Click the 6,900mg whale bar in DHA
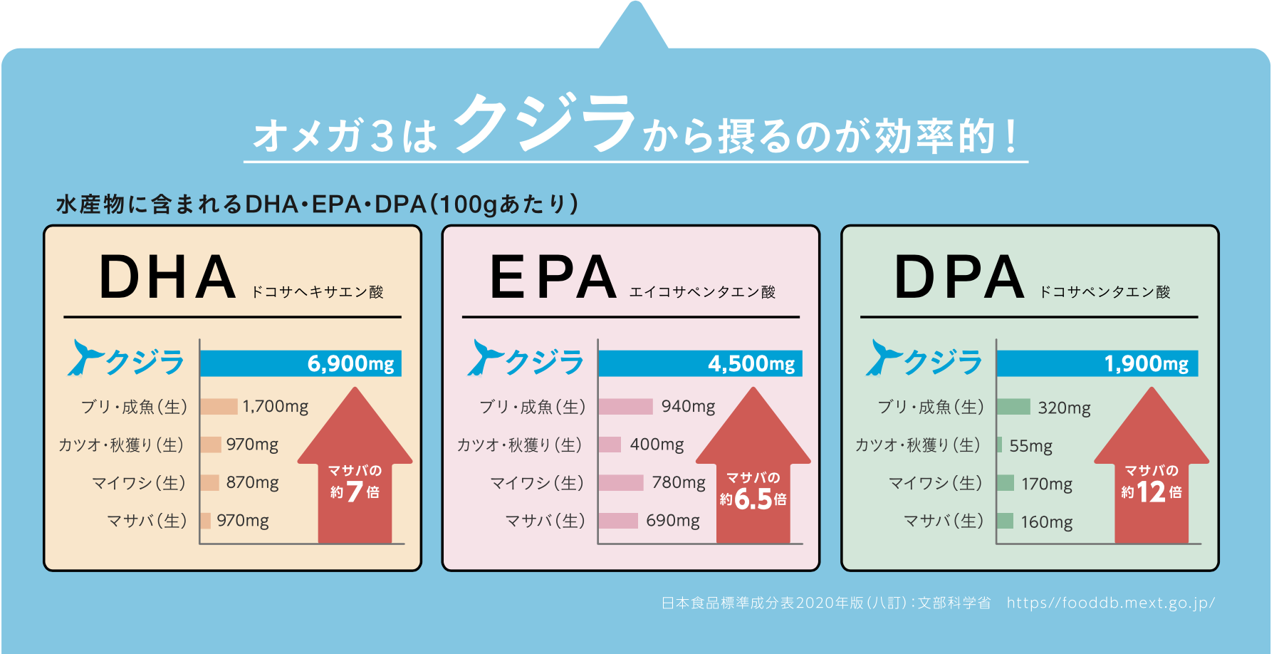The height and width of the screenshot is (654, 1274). point(300,363)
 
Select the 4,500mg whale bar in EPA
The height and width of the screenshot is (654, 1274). point(699,363)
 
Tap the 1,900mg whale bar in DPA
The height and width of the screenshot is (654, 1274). point(1097,363)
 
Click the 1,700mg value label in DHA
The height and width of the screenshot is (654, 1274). point(275,407)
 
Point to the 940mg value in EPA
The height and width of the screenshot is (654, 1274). point(688,407)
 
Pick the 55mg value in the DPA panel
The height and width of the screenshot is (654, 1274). point(1030,446)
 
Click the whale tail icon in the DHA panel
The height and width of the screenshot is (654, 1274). point(84,357)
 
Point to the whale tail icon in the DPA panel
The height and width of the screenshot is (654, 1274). point(882,357)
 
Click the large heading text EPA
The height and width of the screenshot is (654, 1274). point(553,277)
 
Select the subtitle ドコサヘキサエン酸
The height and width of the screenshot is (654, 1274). point(318,292)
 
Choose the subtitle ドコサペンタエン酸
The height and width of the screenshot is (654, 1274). point(1105,292)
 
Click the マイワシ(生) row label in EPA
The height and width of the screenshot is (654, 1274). point(538,483)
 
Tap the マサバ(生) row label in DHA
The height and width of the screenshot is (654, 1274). point(147,521)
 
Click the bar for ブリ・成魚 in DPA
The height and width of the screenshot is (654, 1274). point(1013,407)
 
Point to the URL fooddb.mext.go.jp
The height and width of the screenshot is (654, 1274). point(1110,603)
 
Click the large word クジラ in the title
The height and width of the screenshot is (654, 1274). point(544,123)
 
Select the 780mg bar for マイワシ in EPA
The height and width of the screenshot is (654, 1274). point(621,483)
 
